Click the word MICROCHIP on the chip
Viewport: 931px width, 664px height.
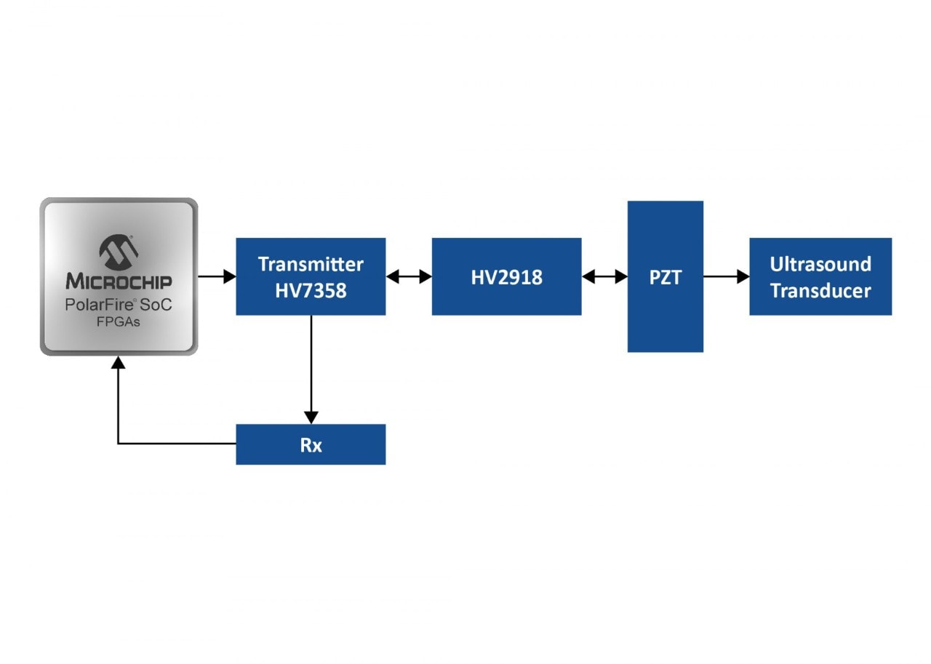119,281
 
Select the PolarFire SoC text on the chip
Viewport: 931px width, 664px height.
119,305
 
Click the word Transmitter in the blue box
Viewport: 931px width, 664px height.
311,263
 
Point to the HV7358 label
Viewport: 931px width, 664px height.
311,290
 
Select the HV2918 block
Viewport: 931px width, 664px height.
506,276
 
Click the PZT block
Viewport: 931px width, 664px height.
665,276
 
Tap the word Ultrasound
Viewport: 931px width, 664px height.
820,263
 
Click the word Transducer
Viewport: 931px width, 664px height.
820,291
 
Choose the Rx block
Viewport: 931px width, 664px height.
311,444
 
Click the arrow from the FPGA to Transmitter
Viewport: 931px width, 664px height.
217,276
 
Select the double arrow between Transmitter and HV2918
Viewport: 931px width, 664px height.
409,276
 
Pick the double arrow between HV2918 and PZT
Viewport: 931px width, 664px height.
604,276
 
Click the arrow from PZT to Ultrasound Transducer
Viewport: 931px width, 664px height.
726,276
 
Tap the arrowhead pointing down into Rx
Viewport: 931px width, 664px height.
311,417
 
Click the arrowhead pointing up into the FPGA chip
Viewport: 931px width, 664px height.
118,362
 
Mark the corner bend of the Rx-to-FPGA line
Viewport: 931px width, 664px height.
118,444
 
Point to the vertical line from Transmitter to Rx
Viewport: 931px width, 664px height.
311,364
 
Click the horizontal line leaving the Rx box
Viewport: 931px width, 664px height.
178,444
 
